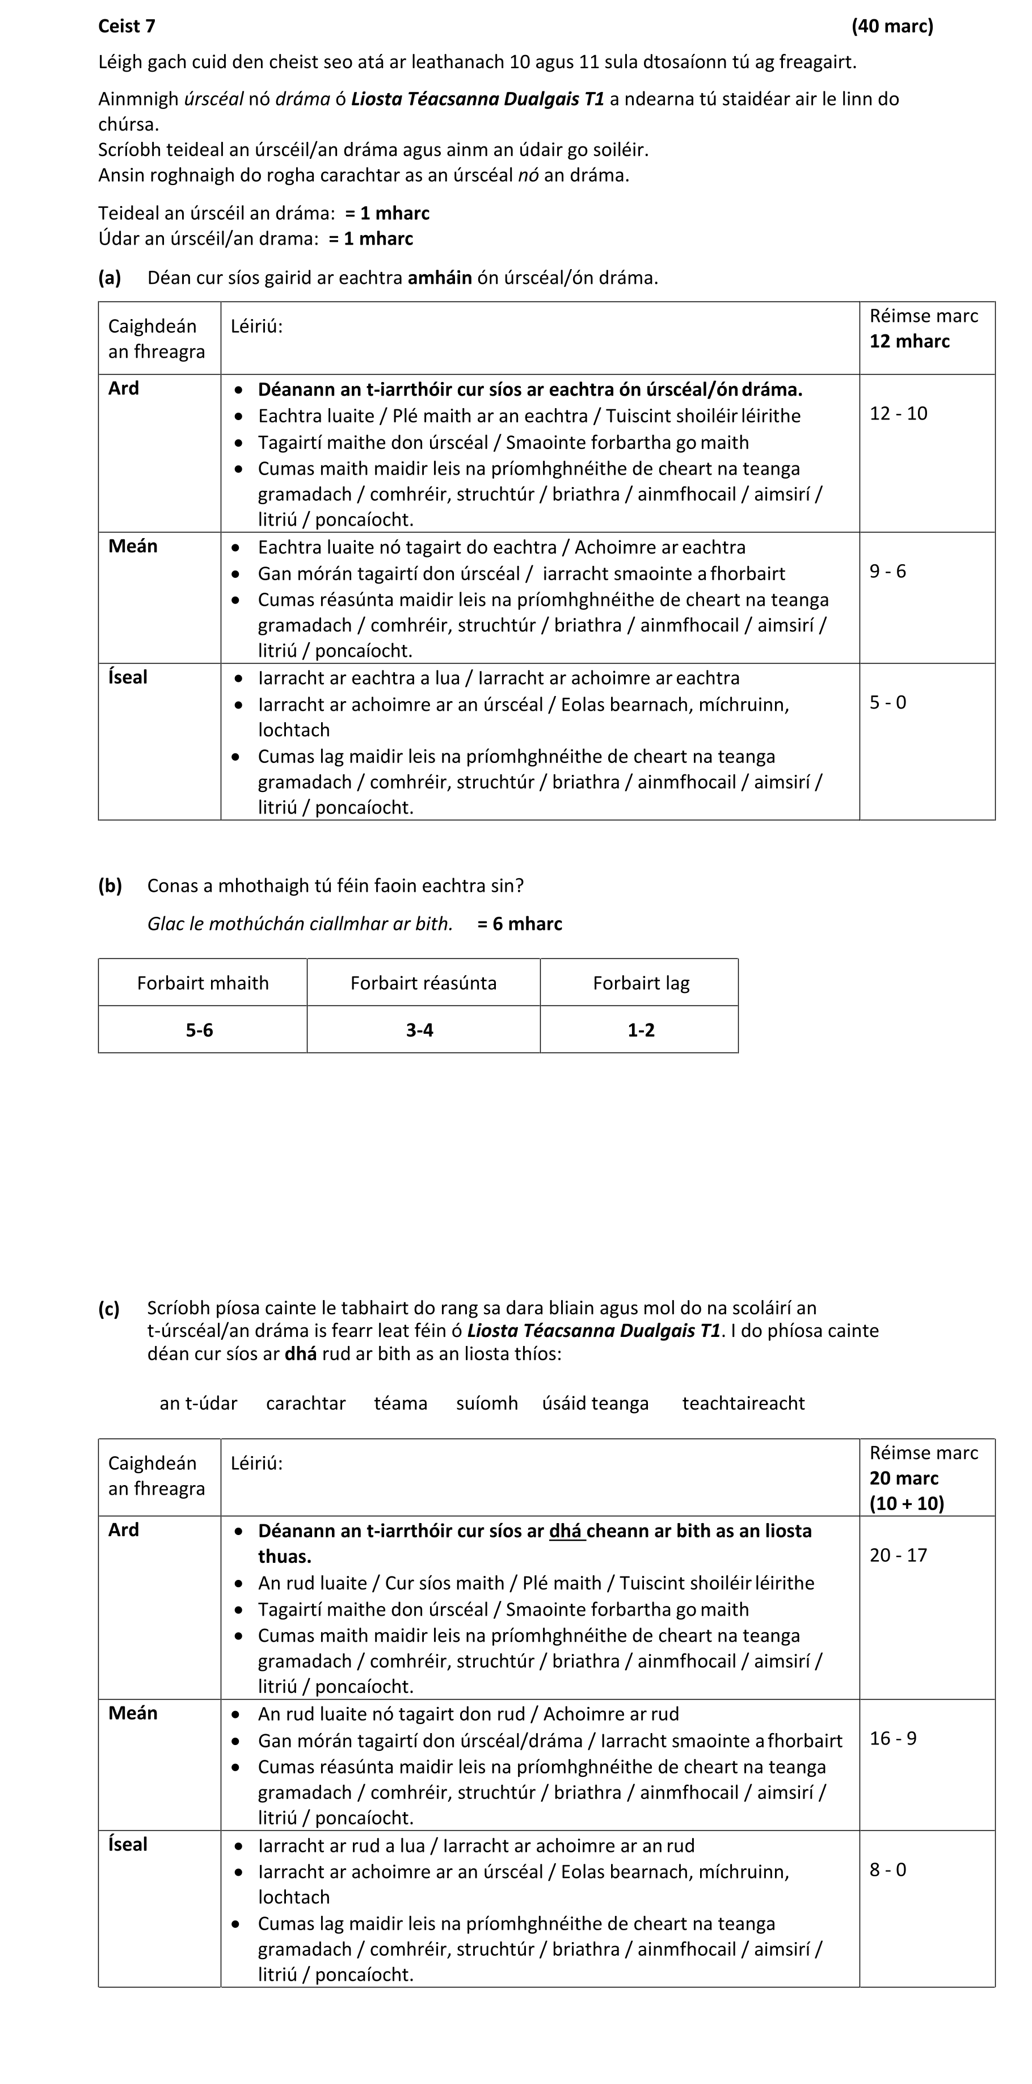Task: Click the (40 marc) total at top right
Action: click(891, 27)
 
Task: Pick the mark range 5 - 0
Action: click(887, 702)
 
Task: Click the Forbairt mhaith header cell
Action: click(202, 983)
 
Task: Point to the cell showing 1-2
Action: click(641, 1030)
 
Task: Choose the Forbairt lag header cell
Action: click(641, 983)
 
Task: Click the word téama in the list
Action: click(401, 1404)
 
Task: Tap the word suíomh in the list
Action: click(487, 1404)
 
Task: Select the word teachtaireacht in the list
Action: click(743, 1404)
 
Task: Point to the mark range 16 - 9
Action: click(893, 1738)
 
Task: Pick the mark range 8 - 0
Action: click(887, 1869)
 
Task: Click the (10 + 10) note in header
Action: click(907, 1503)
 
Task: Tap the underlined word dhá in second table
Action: click(566, 1530)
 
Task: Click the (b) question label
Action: click(110, 886)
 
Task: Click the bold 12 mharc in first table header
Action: click(909, 341)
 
